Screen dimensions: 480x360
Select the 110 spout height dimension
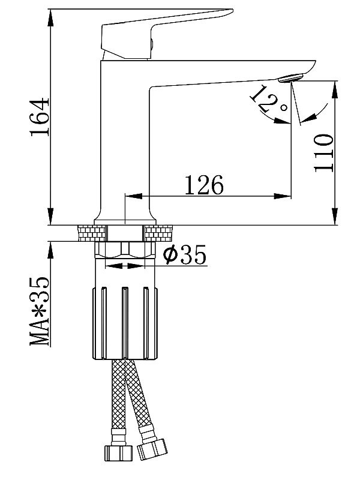323,153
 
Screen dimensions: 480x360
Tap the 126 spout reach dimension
203,185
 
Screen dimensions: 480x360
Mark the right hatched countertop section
158,233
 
